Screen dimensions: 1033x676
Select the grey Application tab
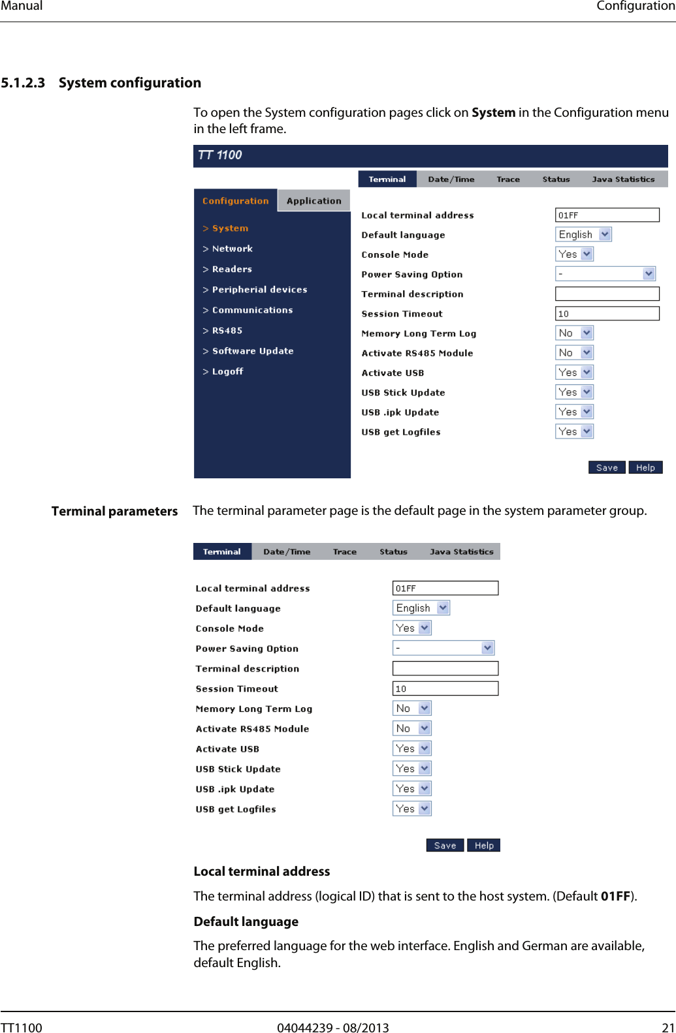tap(314, 201)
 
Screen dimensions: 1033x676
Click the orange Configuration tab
tap(235, 201)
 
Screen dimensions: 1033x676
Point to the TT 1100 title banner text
tap(220, 155)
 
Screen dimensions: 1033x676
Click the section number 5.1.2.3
tap(23, 83)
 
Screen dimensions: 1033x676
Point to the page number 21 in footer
tap(668, 1028)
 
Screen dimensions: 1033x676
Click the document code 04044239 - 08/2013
tap(332, 1028)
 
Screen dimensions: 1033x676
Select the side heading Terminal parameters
tap(114, 511)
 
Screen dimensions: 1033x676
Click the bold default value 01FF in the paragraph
tap(615, 896)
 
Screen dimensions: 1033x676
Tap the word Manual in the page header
tap(22, 6)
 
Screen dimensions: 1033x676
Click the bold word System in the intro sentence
tap(493, 112)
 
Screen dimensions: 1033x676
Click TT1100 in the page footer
tap(22, 1028)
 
